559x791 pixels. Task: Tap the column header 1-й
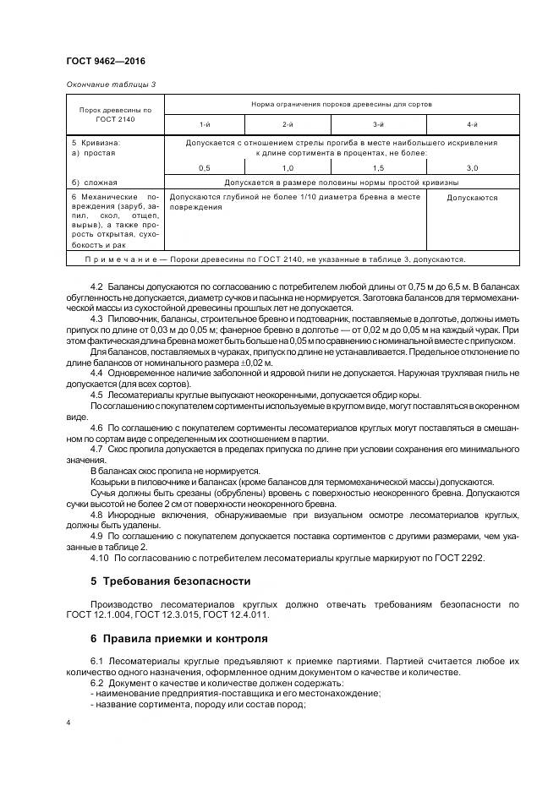coord(204,124)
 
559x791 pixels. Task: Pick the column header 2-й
coord(288,124)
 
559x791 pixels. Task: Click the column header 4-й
coord(472,124)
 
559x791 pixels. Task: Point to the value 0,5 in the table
coord(204,168)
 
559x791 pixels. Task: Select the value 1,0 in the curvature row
coord(288,168)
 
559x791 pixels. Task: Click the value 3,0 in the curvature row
coord(472,168)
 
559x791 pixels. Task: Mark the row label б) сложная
coord(95,183)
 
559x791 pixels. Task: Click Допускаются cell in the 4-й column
coord(472,198)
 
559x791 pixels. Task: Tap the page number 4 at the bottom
coord(68,723)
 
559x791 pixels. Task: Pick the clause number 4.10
coord(100,559)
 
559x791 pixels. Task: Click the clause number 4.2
coord(97,289)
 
